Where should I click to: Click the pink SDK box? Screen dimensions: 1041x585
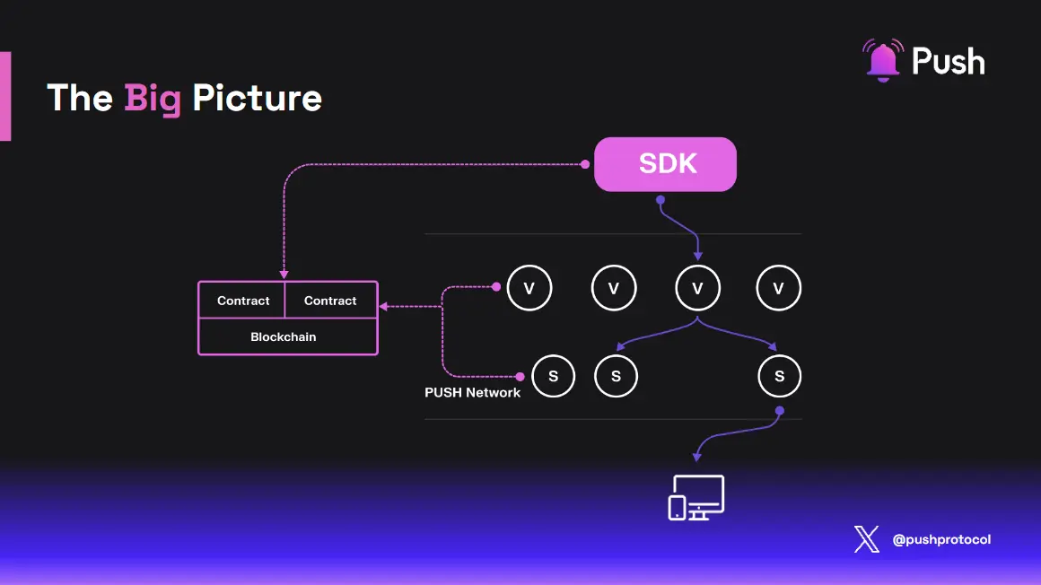click(x=665, y=164)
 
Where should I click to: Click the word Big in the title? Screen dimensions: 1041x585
click(x=153, y=98)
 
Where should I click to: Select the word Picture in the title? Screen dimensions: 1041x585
click(x=257, y=98)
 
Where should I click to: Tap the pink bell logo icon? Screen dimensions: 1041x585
click(x=882, y=60)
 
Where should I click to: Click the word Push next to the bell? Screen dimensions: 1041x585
click(x=948, y=62)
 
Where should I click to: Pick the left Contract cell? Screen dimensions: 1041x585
click(x=243, y=301)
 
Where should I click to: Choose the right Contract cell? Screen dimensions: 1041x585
click(x=330, y=301)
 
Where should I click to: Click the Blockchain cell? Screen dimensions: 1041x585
click(x=284, y=336)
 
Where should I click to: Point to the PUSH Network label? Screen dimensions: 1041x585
click(x=472, y=392)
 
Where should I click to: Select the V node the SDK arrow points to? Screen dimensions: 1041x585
click(x=698, y=288)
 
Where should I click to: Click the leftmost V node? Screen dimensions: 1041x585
click(x=529, y=288)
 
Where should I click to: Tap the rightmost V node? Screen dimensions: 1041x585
click(x=779, y=288)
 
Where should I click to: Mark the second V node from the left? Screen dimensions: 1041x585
click(x=614, y=288)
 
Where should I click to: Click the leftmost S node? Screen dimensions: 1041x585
click(x=553, y=376)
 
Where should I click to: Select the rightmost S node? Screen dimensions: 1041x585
click(x=779, y=376)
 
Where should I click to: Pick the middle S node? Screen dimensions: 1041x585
click(x=616, y=376)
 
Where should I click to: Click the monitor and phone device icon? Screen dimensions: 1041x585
click(x=696, y=498)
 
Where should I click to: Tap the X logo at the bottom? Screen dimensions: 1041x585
click(x=866, y=540)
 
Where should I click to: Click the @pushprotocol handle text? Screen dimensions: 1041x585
click(x=941, y=540)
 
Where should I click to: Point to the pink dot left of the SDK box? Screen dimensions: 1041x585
click(x=585, y=164)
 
